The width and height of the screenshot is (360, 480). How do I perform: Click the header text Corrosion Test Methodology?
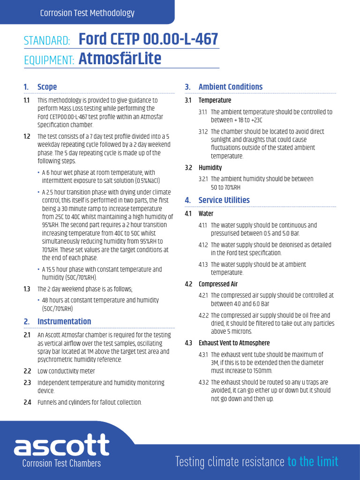[87, 13]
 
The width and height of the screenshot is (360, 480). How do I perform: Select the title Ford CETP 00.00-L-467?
[148, 39]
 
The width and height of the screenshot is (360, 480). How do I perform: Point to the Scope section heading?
[47, 87]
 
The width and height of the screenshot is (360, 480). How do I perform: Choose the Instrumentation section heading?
[64, 321]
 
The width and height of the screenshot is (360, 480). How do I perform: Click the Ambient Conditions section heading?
[230, 87]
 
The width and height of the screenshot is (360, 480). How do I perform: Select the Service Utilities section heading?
[224, 200]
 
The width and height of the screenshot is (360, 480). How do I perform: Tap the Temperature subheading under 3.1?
[215, 100]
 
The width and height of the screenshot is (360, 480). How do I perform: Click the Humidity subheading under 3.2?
[210, 167]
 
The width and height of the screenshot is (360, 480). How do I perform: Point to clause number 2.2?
[27, 371]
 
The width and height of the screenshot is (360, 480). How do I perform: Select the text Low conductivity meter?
[66, 371]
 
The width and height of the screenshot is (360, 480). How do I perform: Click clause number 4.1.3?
[203, 264]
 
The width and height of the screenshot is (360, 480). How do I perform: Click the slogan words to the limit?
[313, 461]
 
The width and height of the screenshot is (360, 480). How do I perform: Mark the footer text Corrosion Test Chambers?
[61, 463]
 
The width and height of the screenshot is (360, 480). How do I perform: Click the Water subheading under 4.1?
[206, 213]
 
